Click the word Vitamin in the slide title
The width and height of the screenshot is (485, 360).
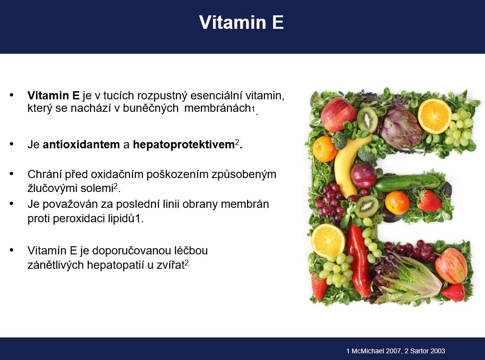tap(233, 22)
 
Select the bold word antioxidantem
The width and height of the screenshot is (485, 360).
tap(81, 144)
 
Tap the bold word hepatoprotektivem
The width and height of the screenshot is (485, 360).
tap(183, 145)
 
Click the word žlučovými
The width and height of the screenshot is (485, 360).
tap(54, 188)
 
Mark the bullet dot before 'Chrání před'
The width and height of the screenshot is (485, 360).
tap(12, 174)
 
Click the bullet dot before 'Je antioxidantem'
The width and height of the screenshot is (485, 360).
tap(12, 144)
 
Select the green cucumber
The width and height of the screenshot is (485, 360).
tap(407, 183)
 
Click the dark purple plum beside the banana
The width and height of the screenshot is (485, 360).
tap(364, 175)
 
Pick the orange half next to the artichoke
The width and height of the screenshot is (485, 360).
tap(435, 116)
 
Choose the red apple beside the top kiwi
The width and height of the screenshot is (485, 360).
tap(338, 115)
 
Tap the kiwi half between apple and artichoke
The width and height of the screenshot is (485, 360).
tap(367, 120)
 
